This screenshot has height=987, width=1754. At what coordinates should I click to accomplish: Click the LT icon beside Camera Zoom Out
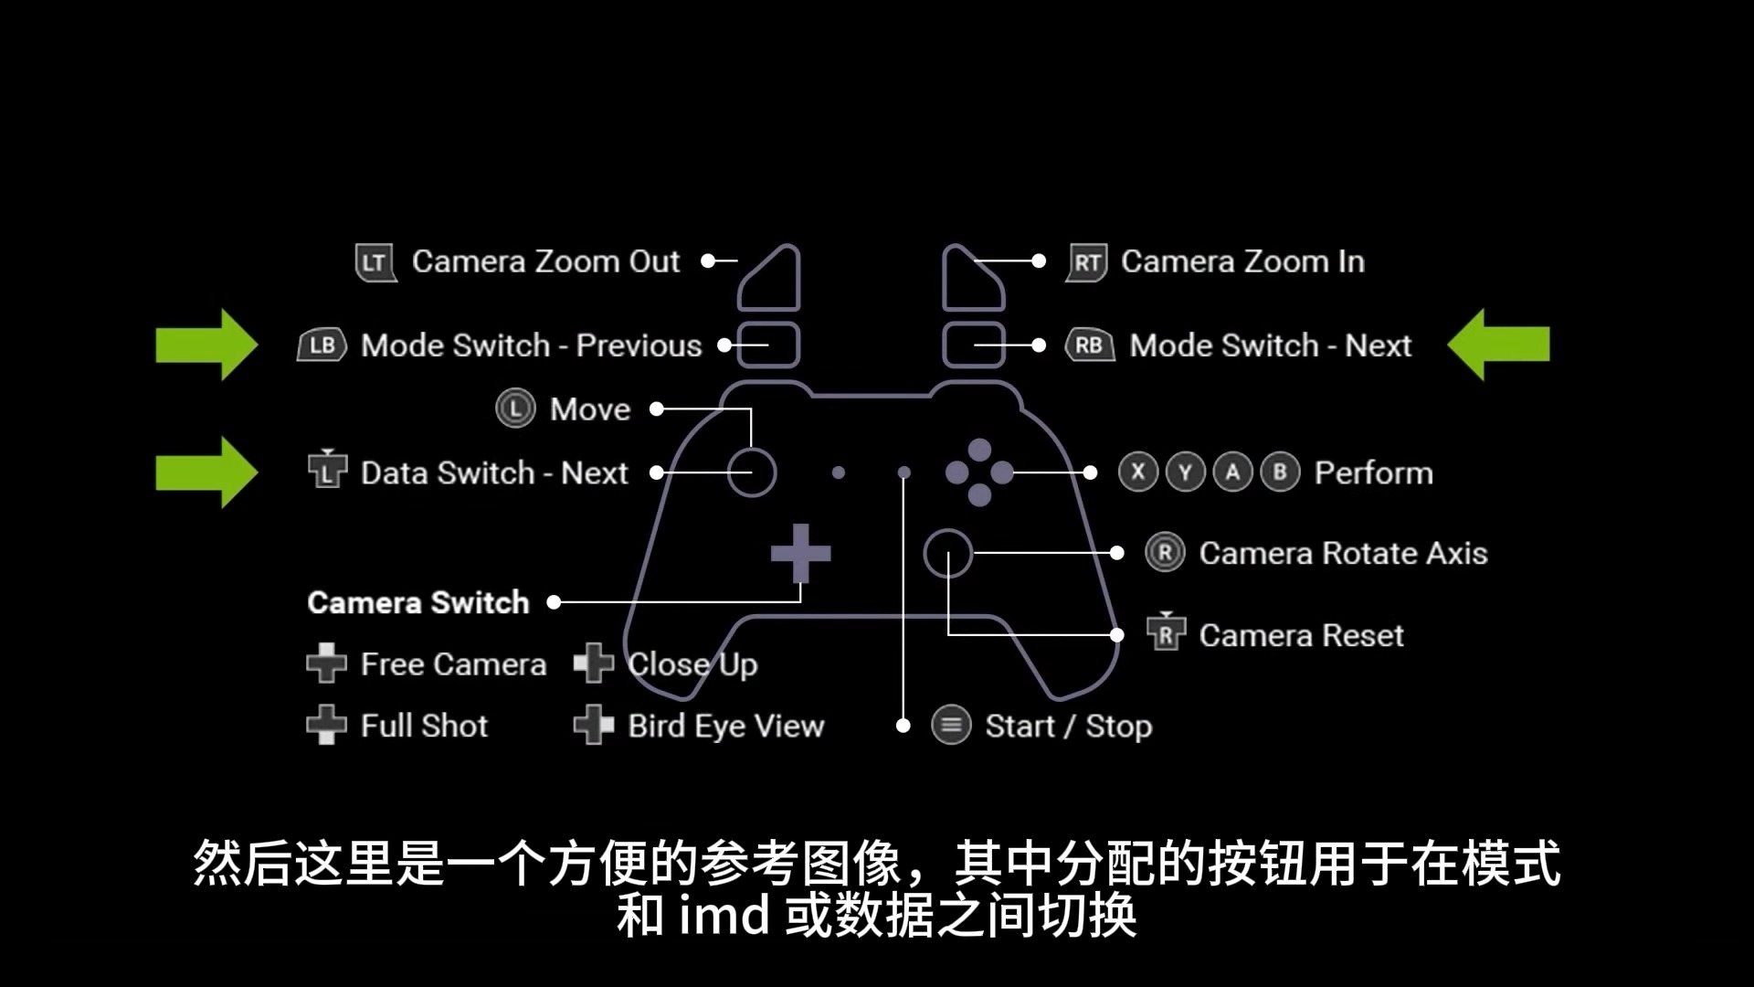tap(375, 262)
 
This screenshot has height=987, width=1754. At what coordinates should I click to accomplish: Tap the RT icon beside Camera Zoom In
tap(1086, 262)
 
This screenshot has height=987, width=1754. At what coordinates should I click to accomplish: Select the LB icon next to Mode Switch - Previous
tap(322, 345)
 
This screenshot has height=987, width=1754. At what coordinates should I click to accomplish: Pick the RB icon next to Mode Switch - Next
tap(1089, 345)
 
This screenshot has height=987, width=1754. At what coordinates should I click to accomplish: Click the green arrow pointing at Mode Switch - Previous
tap(206, 345)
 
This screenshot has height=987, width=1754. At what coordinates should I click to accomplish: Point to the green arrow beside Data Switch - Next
tap(206, 472)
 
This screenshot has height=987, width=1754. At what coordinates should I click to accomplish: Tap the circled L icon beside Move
tap(515, 409)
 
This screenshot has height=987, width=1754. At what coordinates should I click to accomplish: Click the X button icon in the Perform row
tap(1138, 472)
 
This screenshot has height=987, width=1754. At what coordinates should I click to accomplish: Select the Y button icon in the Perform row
tap(1186, 472)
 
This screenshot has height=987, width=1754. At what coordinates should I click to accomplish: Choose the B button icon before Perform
tap(1280, 472)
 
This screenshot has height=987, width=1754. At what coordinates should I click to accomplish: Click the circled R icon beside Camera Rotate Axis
tap(1165, 553)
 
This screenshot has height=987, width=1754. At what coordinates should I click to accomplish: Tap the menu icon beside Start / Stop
tap(951, 726)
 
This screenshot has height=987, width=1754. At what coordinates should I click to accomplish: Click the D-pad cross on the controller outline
tap(800, 553)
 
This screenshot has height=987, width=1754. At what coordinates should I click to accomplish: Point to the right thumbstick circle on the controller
tap(947, 530)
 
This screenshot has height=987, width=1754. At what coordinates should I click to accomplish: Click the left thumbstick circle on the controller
tap(752, 449)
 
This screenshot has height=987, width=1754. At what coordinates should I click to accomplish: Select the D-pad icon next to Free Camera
tap(326, 663)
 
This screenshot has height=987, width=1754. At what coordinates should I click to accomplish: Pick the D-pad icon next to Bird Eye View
tap(593, 726)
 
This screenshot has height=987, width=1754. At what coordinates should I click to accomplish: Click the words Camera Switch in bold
tap(418, 602)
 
